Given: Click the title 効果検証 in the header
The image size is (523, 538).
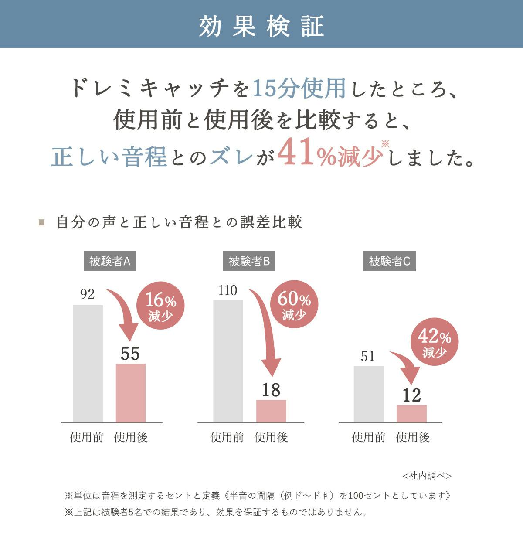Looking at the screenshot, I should point(261,26).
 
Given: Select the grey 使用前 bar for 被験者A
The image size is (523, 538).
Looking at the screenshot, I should point(88,364).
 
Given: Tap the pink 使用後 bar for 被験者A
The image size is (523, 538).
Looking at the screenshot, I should point(131,393).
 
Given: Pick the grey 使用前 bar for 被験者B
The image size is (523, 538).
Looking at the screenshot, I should point(228,361).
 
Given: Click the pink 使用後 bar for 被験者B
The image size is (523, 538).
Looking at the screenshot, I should point(271,411).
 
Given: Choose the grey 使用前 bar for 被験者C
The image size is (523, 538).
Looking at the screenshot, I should point(368,394).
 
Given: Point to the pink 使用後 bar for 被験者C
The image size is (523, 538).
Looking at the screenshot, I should point(411,414).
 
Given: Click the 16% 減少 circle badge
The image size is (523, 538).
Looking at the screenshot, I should point(160,306).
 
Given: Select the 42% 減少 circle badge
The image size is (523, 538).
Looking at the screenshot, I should point(435,341).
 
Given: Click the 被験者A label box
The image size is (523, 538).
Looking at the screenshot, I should point(109,262).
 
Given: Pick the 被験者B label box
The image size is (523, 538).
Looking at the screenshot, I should point(249,262).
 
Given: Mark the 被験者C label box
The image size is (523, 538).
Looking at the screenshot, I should point(390,262).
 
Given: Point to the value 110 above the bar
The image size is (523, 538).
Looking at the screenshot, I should point(228,291).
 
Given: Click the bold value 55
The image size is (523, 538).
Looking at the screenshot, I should point(130,354).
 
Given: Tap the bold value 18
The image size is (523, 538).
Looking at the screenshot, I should point(271,390).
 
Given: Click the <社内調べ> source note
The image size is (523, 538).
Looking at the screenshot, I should point(427,476).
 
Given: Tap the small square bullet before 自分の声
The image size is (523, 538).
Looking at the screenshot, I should point(42,222).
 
